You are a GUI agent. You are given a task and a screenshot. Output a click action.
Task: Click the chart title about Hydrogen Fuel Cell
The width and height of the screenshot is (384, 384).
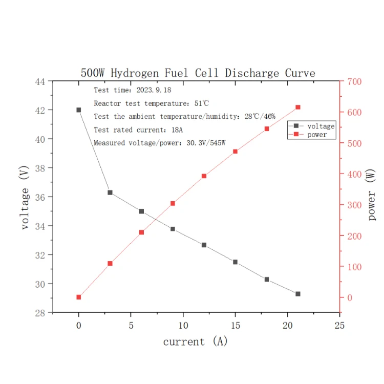click(198, 73)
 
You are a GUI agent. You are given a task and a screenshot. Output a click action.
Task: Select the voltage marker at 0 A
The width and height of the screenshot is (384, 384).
click(79, 110)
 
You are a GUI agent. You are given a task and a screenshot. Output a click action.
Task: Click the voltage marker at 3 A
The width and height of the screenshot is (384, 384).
click(110, 193)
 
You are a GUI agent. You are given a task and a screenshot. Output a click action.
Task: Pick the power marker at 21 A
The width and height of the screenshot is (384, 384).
click(298, 107)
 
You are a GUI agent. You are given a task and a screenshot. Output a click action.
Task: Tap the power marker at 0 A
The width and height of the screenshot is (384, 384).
click(79, 297)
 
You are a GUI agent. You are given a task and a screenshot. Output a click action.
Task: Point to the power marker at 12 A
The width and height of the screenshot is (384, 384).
click(204, 176)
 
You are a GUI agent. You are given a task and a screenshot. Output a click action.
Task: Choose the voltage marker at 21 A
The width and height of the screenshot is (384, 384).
click(298, 294)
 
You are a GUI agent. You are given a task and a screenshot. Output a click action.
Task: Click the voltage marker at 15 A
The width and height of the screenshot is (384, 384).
click(235, 262)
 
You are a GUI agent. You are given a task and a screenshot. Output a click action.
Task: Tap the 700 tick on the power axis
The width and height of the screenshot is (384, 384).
click(354, 81)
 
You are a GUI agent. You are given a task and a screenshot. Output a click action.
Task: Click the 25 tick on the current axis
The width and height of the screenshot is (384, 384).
click(339, 325)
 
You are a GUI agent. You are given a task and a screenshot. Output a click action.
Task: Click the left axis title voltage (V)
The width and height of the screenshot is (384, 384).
click(25, 197)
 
